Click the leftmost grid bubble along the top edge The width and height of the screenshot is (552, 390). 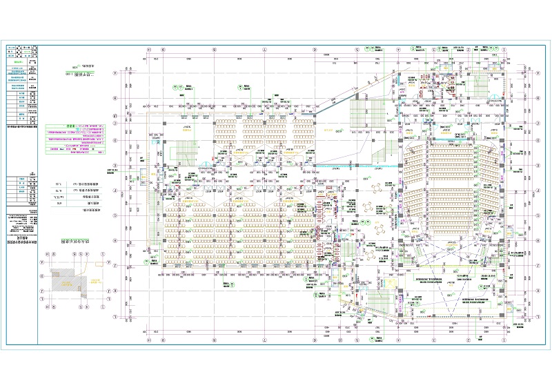click(149, 50)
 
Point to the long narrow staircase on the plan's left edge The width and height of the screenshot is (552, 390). click(152, 200)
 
